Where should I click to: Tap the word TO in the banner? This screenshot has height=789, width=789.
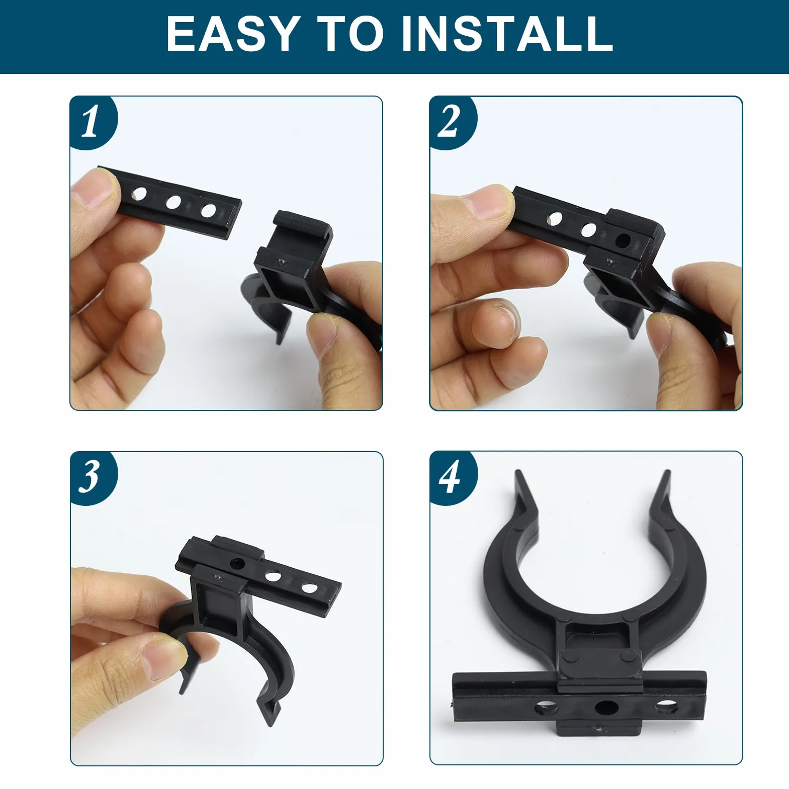[351, 34]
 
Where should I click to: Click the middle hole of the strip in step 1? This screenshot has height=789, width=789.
[173, 202]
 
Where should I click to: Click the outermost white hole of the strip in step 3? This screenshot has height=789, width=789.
[309, 587]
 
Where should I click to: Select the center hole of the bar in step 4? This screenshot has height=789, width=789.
[606, 708]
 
